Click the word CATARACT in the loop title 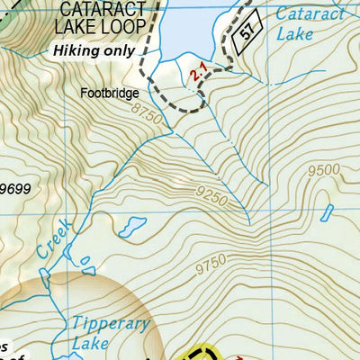(89, 10)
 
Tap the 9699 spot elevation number (16, 188)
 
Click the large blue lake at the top (189, 27)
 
